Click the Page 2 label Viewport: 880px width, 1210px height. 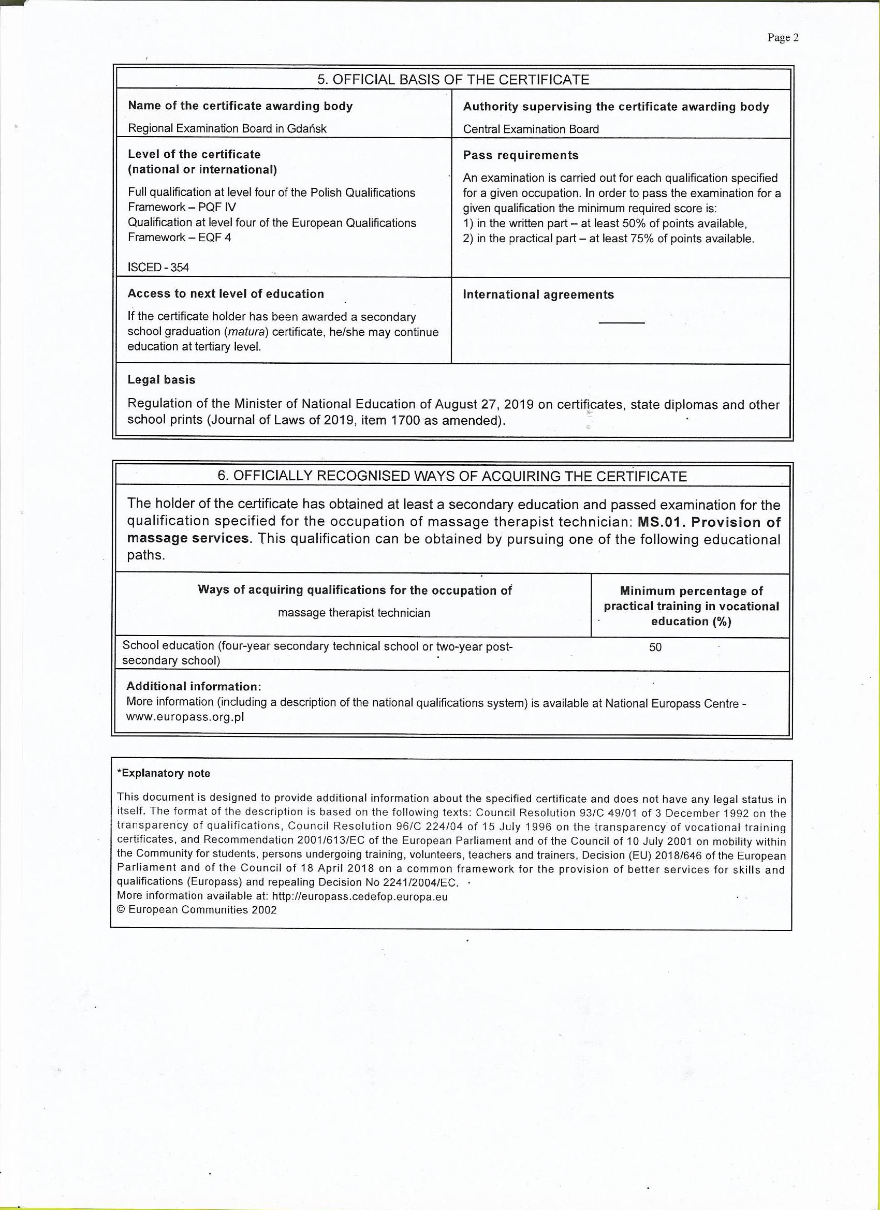[x=782, y=37]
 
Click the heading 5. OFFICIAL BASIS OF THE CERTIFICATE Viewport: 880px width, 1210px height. [x=452, y=80]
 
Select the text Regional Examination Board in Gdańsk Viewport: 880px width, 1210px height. [x=227, y=128]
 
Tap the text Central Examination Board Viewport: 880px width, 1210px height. [x=531, y=129]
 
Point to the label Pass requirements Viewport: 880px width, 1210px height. [x=520, y=155]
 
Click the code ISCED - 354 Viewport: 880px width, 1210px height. [x=158, y=267]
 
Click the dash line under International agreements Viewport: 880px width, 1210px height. [x=621, y=323]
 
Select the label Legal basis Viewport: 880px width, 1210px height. [x=161, y=380]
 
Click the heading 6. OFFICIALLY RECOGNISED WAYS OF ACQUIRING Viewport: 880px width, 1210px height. [x=452, y=477]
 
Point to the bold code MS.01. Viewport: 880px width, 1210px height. [x=661, y=522]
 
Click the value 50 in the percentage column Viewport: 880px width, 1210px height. [x=655, y=647]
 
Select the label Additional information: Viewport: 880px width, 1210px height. [x=194, y=687]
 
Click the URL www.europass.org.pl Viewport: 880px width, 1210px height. [x=185, y=717]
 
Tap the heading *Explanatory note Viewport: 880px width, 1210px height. [x=163, y=774]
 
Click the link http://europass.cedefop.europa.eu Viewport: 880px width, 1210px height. [x=359, y=896]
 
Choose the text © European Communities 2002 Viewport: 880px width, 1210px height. [x=196, y=910]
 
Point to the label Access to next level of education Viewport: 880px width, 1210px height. [x=225, y=294]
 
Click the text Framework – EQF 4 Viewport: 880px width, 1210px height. [x=179, y=238]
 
